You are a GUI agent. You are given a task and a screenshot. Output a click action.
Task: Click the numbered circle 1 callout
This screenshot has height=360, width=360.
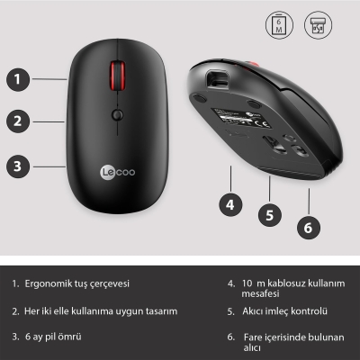17,78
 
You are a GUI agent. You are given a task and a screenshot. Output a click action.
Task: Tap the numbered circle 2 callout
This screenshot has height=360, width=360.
17,120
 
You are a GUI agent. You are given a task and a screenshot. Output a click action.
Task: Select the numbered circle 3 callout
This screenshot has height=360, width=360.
17,165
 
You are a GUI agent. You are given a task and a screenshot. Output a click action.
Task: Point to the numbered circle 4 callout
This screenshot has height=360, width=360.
230,203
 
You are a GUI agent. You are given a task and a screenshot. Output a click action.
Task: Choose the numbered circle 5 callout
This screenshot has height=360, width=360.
268,215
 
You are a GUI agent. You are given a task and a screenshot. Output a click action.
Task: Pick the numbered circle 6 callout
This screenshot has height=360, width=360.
308,228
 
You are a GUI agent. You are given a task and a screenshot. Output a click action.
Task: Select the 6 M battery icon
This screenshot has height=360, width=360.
279,25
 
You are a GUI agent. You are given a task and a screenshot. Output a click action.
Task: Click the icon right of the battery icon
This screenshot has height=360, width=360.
317,25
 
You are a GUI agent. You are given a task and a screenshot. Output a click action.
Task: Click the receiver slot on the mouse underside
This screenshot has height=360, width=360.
217,78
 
